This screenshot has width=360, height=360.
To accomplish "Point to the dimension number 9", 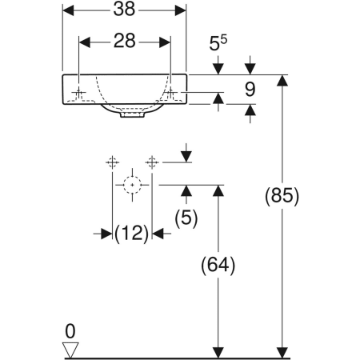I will (x=250, y=90).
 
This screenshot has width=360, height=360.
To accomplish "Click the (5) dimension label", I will (x=186, y=217).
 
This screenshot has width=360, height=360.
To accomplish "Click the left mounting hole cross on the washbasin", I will (x=79, y=94).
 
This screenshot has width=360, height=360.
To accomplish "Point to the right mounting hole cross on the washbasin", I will (x=170, y=94).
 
